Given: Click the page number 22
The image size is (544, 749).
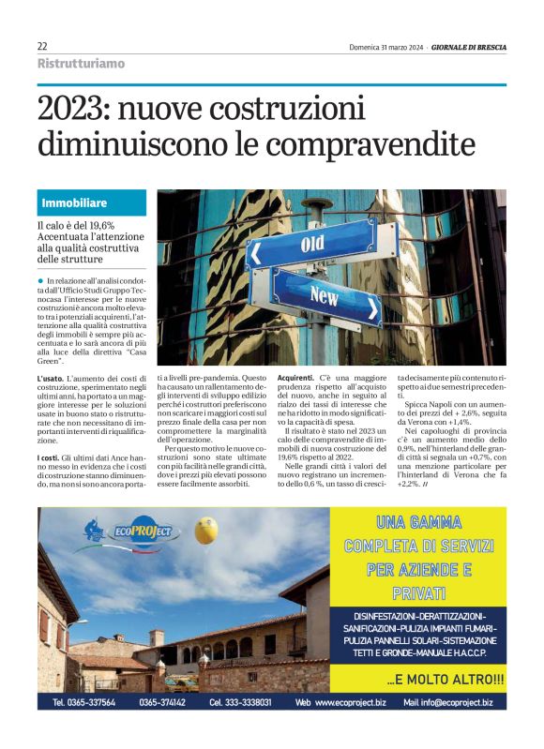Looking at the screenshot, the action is (x=42, y=46).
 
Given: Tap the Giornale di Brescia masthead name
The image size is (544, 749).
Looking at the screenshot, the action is (x=468, y=46).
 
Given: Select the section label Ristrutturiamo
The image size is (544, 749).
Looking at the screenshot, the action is (x=81, y=63).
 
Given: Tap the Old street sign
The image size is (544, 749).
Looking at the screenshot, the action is (x=310, y=246).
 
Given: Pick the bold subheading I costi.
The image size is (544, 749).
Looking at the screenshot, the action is (x=49, y=457).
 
